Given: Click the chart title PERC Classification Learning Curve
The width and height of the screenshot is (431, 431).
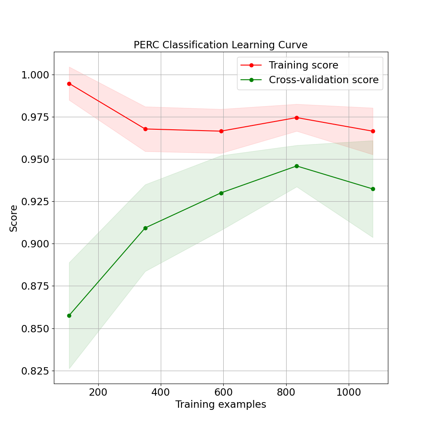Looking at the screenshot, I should (220, 45).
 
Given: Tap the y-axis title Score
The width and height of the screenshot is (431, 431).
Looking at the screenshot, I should (14, 218).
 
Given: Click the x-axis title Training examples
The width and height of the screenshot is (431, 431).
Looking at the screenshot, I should (220, 405).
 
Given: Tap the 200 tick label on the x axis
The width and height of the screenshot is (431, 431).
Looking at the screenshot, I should (98, 392).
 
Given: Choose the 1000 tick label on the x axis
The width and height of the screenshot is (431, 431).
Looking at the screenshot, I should (348, 392).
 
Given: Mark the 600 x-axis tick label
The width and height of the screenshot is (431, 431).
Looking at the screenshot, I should (223, 392).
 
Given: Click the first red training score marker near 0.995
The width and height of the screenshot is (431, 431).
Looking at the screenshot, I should (69, 84).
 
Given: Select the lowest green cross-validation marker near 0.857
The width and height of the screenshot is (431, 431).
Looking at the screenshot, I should (69, 315).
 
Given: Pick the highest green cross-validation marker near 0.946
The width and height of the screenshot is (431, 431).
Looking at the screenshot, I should (297, 166).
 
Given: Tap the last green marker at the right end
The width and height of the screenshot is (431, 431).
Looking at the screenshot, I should (373, 189).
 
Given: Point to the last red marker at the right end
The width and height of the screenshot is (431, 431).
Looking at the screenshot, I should (373, 131).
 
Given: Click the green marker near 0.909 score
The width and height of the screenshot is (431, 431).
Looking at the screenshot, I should (145, 228).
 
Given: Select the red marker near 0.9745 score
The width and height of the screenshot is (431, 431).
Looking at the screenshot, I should (297, 118).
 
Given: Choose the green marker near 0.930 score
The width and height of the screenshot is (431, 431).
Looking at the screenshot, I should (221, 193).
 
